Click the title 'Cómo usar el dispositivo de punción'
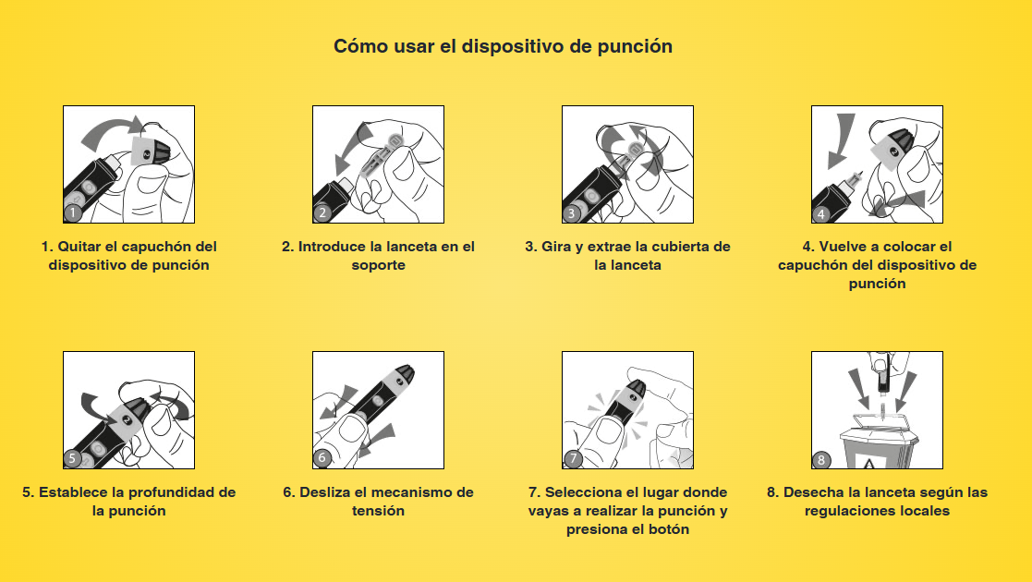coord(503,47)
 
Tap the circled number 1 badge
coord(73,212)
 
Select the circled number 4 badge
coord(820,213)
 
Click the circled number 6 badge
coord(322,458)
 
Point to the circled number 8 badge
coord(820,459)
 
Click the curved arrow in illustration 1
coord(109,130)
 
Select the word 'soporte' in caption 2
coord(379,265)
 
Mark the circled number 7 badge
coord(573,459)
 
